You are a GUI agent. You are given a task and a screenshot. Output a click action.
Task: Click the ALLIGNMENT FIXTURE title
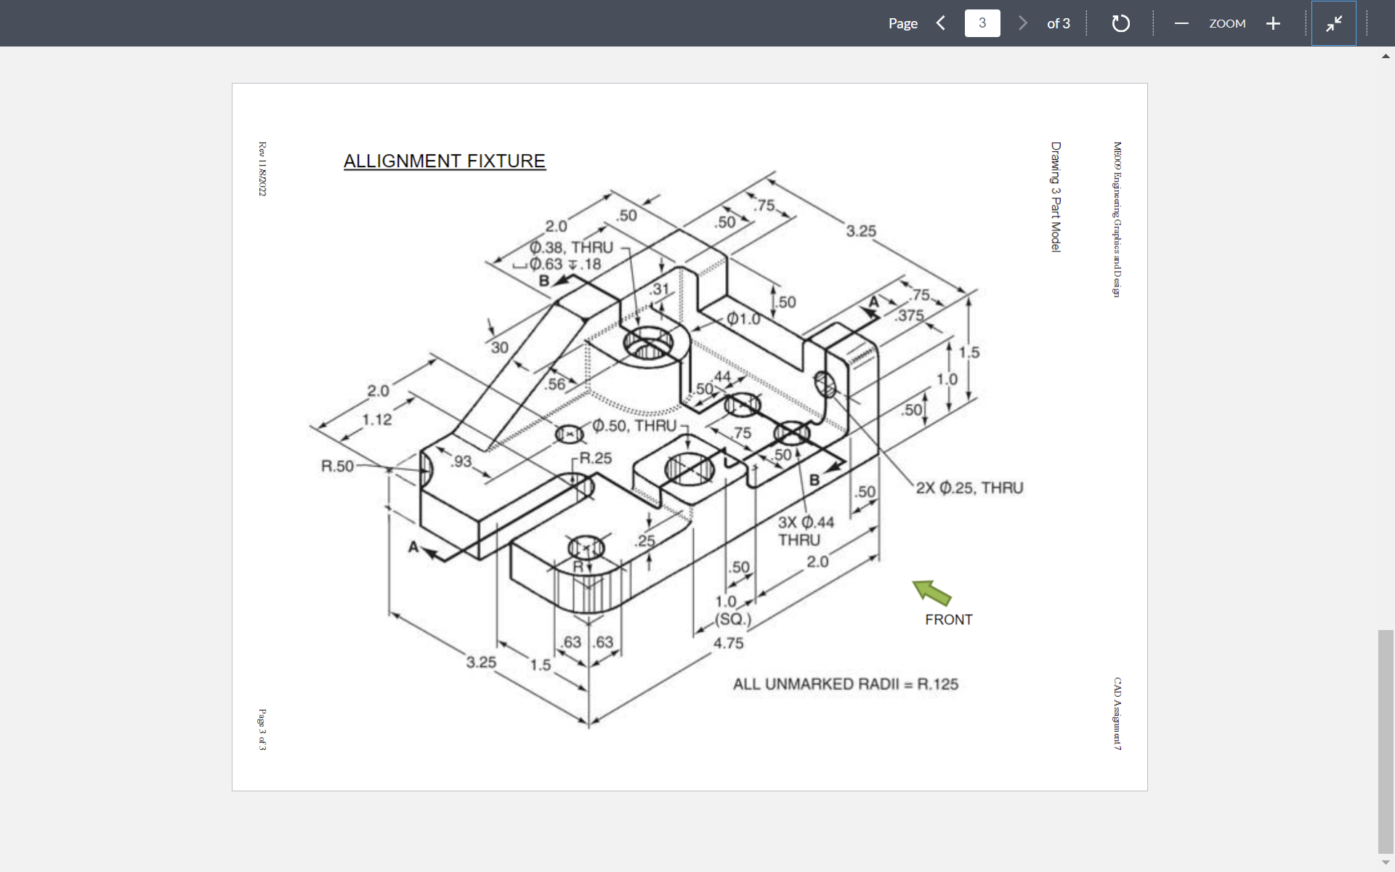click(444, 161)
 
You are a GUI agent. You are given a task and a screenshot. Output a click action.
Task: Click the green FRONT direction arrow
click(932, 592)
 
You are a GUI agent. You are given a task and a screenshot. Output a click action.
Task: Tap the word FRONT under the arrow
click(948, 620)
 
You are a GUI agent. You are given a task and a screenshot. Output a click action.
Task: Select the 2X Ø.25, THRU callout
click(969, 488)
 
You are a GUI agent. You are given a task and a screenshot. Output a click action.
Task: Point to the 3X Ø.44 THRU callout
click(805, 531)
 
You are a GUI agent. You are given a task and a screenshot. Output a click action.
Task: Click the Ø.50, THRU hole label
click(634, 426)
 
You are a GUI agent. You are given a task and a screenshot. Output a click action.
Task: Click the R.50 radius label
click(337, 466)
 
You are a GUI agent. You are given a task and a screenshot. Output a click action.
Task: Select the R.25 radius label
click(595, 459)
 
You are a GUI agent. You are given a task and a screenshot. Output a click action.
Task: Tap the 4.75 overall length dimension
click(728, 643)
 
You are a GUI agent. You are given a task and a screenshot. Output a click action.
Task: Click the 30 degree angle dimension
click(499, 347)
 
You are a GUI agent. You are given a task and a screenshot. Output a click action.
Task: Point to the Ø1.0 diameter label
click(743, 318)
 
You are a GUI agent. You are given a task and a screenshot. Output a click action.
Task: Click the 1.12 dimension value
click(377, 419)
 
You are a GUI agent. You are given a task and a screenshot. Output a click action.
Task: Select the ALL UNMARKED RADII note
click(845, 684)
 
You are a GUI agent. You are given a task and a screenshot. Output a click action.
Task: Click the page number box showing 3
click(982, 23)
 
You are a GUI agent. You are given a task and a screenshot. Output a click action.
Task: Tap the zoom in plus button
click(1272, 23)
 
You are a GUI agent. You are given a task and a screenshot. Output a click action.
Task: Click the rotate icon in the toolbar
click(1120, 23)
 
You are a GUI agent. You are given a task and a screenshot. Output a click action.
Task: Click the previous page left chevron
click(941, 23)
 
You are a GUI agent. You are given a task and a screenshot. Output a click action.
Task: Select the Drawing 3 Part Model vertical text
click(1056, 197)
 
